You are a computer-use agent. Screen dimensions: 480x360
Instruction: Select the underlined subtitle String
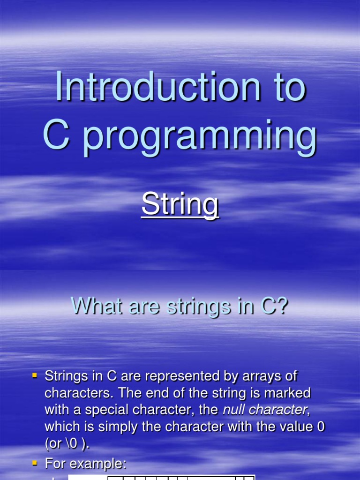(180, 205)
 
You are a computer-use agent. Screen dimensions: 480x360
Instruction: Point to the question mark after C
(281, 307)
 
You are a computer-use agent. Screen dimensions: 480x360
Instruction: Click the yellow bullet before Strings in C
(34, 375)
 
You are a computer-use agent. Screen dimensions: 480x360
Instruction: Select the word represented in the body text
(179, 376)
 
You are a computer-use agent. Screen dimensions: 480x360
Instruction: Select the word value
(280, 427)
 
